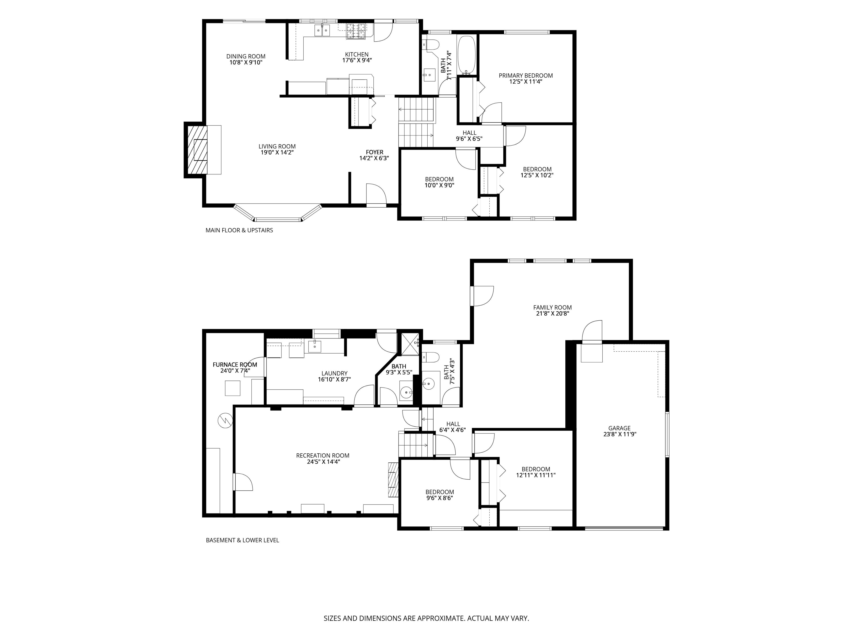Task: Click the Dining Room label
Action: pos(246,56)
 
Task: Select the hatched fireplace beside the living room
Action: pos(197,150)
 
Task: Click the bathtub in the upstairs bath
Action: pos(467,55)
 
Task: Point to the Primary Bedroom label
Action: pos(526,76)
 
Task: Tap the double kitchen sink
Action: pos(322,30)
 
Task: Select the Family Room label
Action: pos(552,308)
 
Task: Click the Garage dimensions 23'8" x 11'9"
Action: pos(620,434)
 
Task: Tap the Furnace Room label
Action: pos(235,365)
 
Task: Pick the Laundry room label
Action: pos(334,373)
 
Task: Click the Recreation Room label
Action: pos(323,456)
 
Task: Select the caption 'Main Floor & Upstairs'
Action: pos(239,230)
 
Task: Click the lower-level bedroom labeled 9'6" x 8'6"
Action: pos(440,495)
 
